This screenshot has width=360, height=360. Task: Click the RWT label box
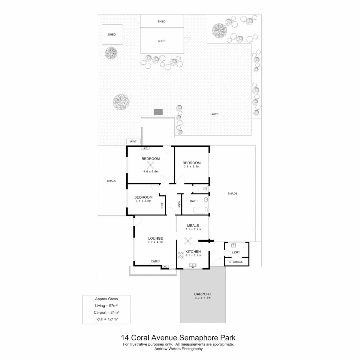(134, 142)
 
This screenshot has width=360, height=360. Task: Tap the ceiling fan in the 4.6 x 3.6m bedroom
(151, 165)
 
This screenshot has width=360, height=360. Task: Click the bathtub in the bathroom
(200, 210)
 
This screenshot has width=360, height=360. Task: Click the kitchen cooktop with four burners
(180, 256)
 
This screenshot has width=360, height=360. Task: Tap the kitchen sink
(193, 265)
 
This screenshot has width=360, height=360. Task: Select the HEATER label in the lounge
(154, 261)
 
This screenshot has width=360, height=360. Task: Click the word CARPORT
(203, 294)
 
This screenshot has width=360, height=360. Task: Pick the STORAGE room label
(236, 262)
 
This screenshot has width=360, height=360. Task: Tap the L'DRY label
(236, 252)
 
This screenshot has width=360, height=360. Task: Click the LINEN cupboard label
(179, 204)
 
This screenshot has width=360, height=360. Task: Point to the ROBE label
(162, 205)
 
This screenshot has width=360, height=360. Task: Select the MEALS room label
(193, 226)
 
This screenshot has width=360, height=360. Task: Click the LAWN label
(214, 114)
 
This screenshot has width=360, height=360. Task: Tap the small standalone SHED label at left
(112, 34)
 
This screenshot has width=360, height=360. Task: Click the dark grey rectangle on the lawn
(158, 112)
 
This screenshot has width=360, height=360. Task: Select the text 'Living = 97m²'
(107, 306)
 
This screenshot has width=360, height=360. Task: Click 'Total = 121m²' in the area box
(107, 319)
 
